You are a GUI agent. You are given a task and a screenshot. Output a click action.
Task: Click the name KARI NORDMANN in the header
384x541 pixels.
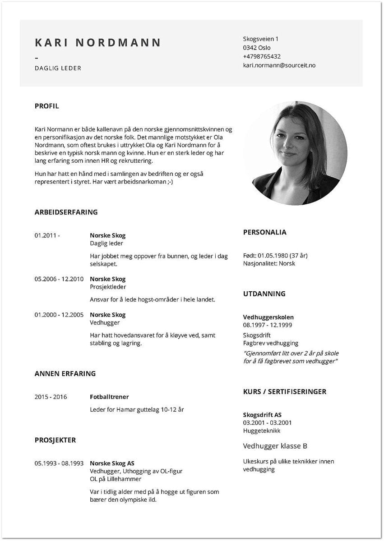click(x=98, y=43)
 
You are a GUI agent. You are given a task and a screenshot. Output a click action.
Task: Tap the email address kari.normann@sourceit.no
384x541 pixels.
click(x=279, y=65)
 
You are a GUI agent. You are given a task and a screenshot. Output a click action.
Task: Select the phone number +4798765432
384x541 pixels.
click(x=262, y=56)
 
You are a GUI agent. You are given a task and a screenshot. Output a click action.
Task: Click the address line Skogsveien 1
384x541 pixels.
click(x=260, y=39)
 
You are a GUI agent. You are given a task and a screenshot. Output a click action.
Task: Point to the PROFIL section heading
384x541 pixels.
click(x=47, y=106)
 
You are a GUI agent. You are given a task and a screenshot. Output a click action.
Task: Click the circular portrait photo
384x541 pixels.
click(x=295, y=153)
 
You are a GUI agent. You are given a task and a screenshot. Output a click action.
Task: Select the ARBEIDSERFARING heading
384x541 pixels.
click(x=66, y=212)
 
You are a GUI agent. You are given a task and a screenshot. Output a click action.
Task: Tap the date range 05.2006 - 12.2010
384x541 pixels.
click(x=59, y=279)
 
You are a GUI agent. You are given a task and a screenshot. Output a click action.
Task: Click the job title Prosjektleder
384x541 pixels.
click(x=108, y=287)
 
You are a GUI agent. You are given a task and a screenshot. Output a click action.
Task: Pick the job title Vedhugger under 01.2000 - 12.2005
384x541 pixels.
click(x=105, y=323)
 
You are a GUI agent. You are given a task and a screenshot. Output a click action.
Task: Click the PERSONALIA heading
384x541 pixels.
click(x=264, y=232)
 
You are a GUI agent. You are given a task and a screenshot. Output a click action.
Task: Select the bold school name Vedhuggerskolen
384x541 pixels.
click(x=268, y=317)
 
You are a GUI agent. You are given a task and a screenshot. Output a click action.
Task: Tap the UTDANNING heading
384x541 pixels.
click(x=264, y=293)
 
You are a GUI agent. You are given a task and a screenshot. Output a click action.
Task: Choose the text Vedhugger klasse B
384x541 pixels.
click(x=275, y=446)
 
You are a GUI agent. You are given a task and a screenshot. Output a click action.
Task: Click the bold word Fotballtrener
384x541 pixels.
click(x=109, y=397)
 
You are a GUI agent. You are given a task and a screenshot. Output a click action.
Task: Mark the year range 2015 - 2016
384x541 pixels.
click(x=51, y=397)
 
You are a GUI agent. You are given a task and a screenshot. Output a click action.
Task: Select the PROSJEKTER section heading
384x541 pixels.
click(x=55, y=440)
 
